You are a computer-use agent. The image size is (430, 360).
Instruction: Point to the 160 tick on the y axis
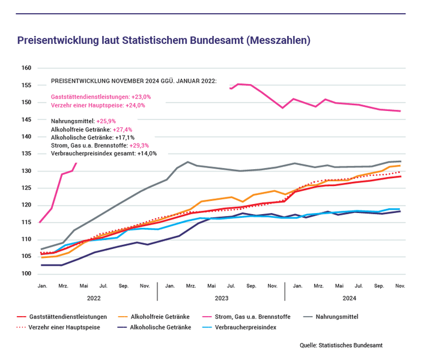click(26, 68)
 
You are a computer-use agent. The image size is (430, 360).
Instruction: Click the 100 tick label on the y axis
click(26, 274)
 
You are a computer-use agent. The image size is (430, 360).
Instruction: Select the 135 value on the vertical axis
click(26, 154)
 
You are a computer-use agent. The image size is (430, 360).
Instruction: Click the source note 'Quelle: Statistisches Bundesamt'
click(341, 346)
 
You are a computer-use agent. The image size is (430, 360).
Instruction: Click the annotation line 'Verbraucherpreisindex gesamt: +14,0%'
click(104, 153)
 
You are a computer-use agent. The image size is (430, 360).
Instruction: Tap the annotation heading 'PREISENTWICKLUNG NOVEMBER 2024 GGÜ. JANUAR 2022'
click(134, 80)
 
